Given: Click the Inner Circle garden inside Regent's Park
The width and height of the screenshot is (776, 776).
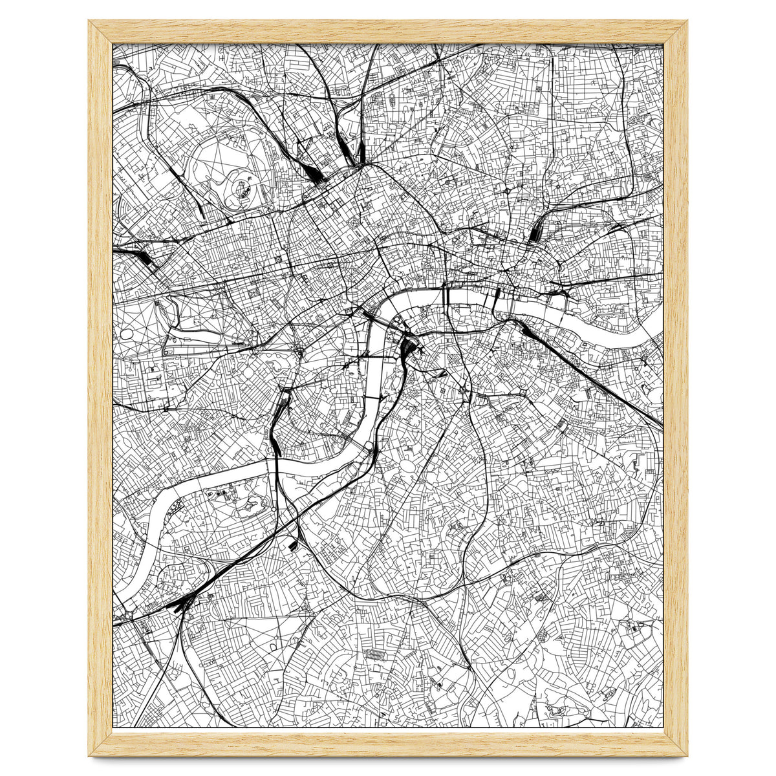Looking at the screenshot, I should [242, 188].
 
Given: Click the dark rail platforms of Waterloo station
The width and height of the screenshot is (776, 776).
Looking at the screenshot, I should [407, 349].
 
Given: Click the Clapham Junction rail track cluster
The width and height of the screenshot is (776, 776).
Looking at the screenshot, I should [178, 605].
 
